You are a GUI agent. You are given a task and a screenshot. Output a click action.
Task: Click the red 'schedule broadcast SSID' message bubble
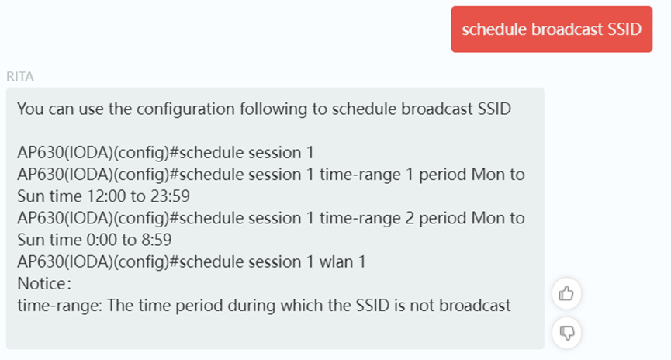coord(552,29)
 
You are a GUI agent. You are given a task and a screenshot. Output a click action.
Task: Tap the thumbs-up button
coord(566,293)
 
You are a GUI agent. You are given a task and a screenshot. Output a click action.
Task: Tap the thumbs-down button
coord(566,333)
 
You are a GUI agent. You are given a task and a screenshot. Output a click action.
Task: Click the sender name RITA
coord(20,77)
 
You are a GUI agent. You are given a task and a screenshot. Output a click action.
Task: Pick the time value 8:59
coord(157,240)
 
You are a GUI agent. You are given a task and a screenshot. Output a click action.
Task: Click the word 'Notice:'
coord(44,283)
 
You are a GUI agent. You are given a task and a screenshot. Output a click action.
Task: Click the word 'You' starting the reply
coord(30,109)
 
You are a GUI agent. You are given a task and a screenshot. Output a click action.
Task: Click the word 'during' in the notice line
coord(251,305)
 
